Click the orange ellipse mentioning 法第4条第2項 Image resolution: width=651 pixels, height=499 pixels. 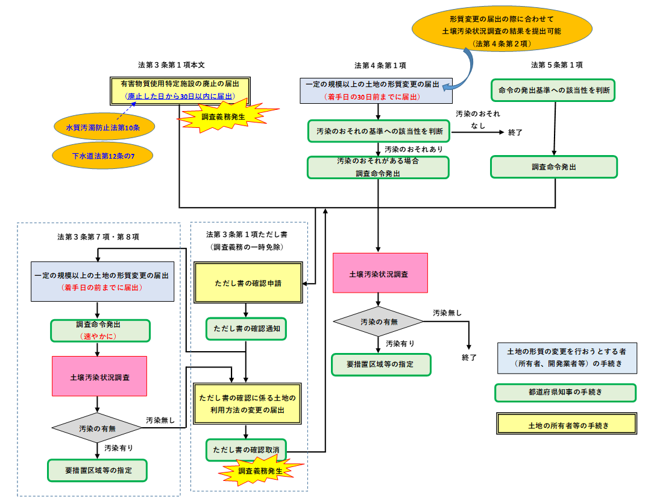pos(502,28)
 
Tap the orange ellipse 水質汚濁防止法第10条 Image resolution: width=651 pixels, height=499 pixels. pos(103,127)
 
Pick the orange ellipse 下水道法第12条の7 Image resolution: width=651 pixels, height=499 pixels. pos(103,156)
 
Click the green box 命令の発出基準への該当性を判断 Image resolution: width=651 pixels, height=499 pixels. pos(553,91)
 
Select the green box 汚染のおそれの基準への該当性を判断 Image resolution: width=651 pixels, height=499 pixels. pos(378,131)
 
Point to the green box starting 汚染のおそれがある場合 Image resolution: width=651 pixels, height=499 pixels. pos(378,167)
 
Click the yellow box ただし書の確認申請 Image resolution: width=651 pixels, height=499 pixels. pos(248,282)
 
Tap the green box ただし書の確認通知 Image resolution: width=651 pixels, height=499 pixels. pos(246,329)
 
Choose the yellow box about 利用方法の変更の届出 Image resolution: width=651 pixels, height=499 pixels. pos(248,404)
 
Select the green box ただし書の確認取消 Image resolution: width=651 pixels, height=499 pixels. pos(246,450)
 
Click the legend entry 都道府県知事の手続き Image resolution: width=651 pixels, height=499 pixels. pos(565,392)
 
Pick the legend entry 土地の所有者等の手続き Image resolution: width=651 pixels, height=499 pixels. pos(567,424)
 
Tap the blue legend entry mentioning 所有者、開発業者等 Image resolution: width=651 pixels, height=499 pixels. pos(567,358)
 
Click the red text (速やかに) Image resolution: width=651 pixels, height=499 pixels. pos(100,337)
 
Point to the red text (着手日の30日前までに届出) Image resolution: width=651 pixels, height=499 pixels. pos(372,97)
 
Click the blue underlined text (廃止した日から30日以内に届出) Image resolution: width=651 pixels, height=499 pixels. pos(180,96)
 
